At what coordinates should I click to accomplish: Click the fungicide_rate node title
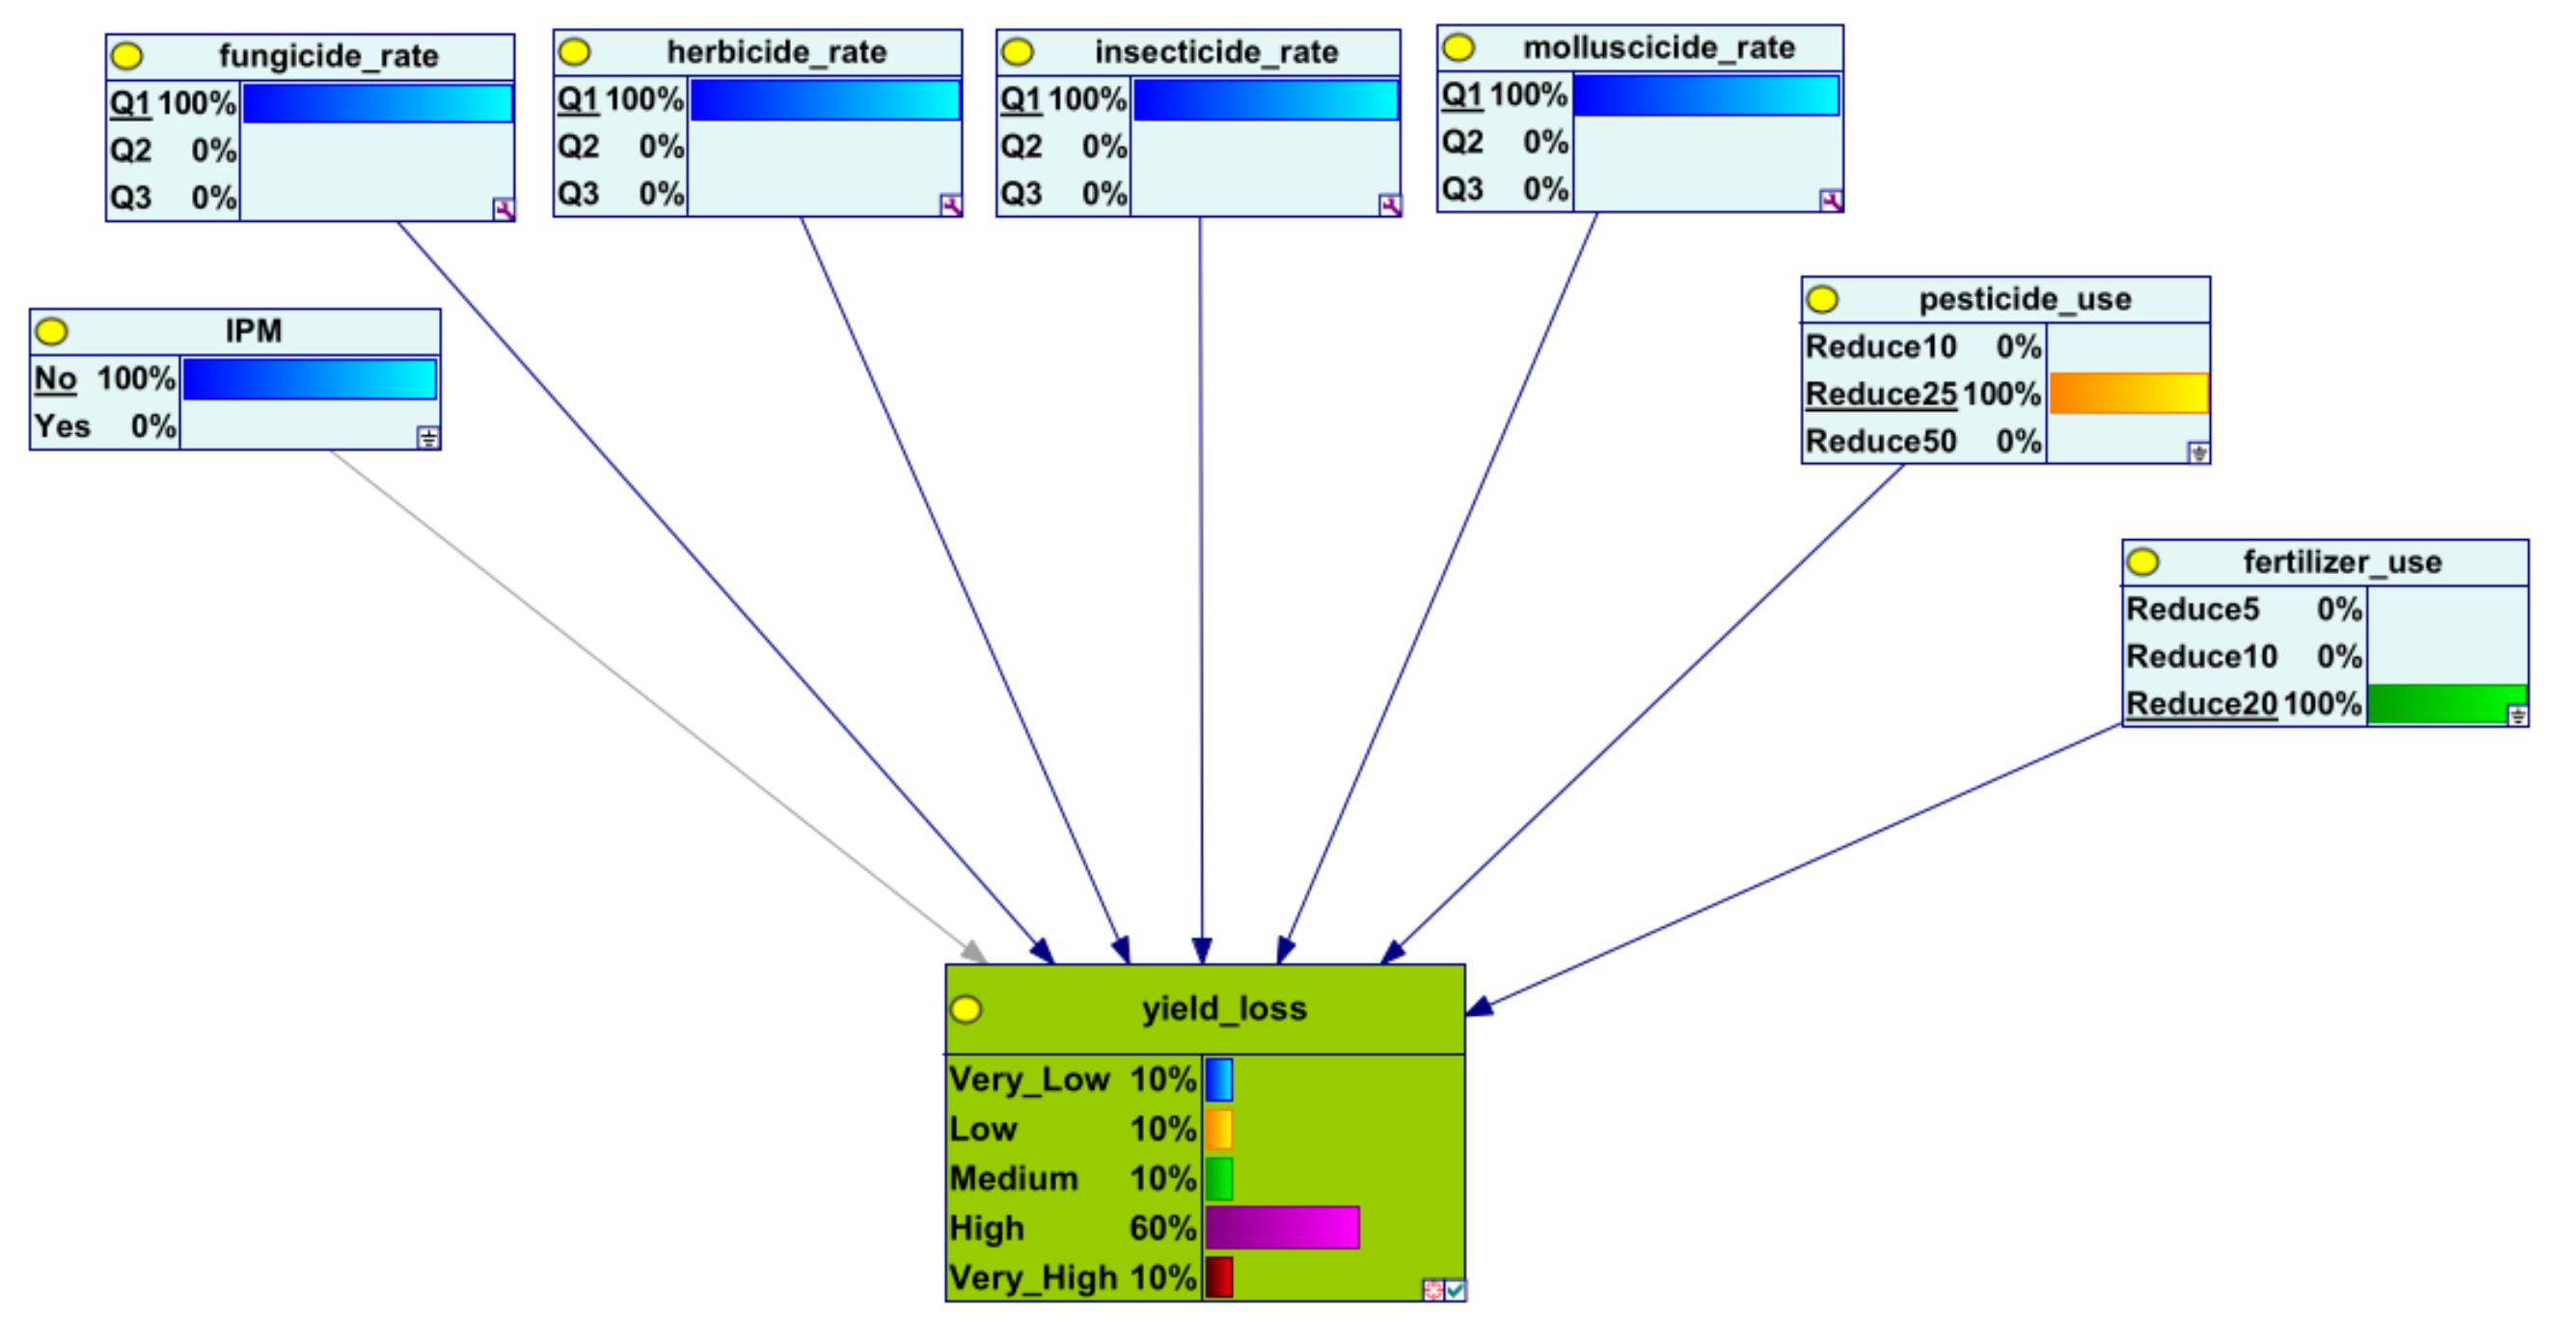tap(328, 56)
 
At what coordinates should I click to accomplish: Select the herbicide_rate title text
tap(776, 52)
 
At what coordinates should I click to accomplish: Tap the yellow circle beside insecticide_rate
tap(1017, 52)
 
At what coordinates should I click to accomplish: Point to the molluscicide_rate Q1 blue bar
tap(1705, 95)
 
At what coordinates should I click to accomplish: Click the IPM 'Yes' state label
tap(62, 426)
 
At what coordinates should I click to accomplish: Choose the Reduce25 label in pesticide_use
tap(1880, 395)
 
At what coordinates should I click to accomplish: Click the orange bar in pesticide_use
tap(2129, 394)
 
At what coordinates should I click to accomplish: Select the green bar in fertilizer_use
tap(2445, 704)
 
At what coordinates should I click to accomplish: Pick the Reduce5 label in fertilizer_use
tap(2193, 610)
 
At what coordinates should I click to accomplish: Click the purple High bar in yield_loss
tap(1282, 1228)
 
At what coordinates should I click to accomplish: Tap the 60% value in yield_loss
tap(1162, 1228)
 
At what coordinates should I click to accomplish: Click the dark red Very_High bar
tap(1219, 1277)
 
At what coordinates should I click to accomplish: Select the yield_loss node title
tap(1224, 1009)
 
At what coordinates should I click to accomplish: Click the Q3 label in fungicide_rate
tap(130, 198)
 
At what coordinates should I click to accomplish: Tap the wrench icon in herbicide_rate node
tap(950, 205)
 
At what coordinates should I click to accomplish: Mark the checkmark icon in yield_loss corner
tap(1455, 1291)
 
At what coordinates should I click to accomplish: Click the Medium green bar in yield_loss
tap(1219, 1178)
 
